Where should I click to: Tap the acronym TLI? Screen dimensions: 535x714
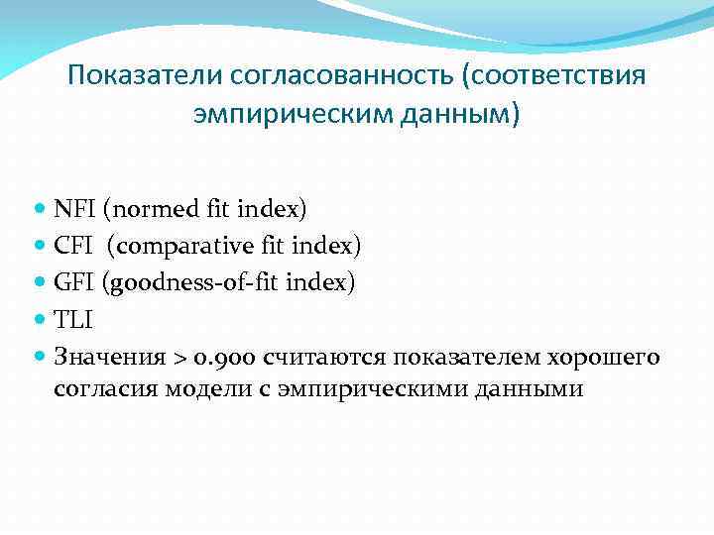[x=73, y=319]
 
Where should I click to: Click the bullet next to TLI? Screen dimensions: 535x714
[x=41, y=320]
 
